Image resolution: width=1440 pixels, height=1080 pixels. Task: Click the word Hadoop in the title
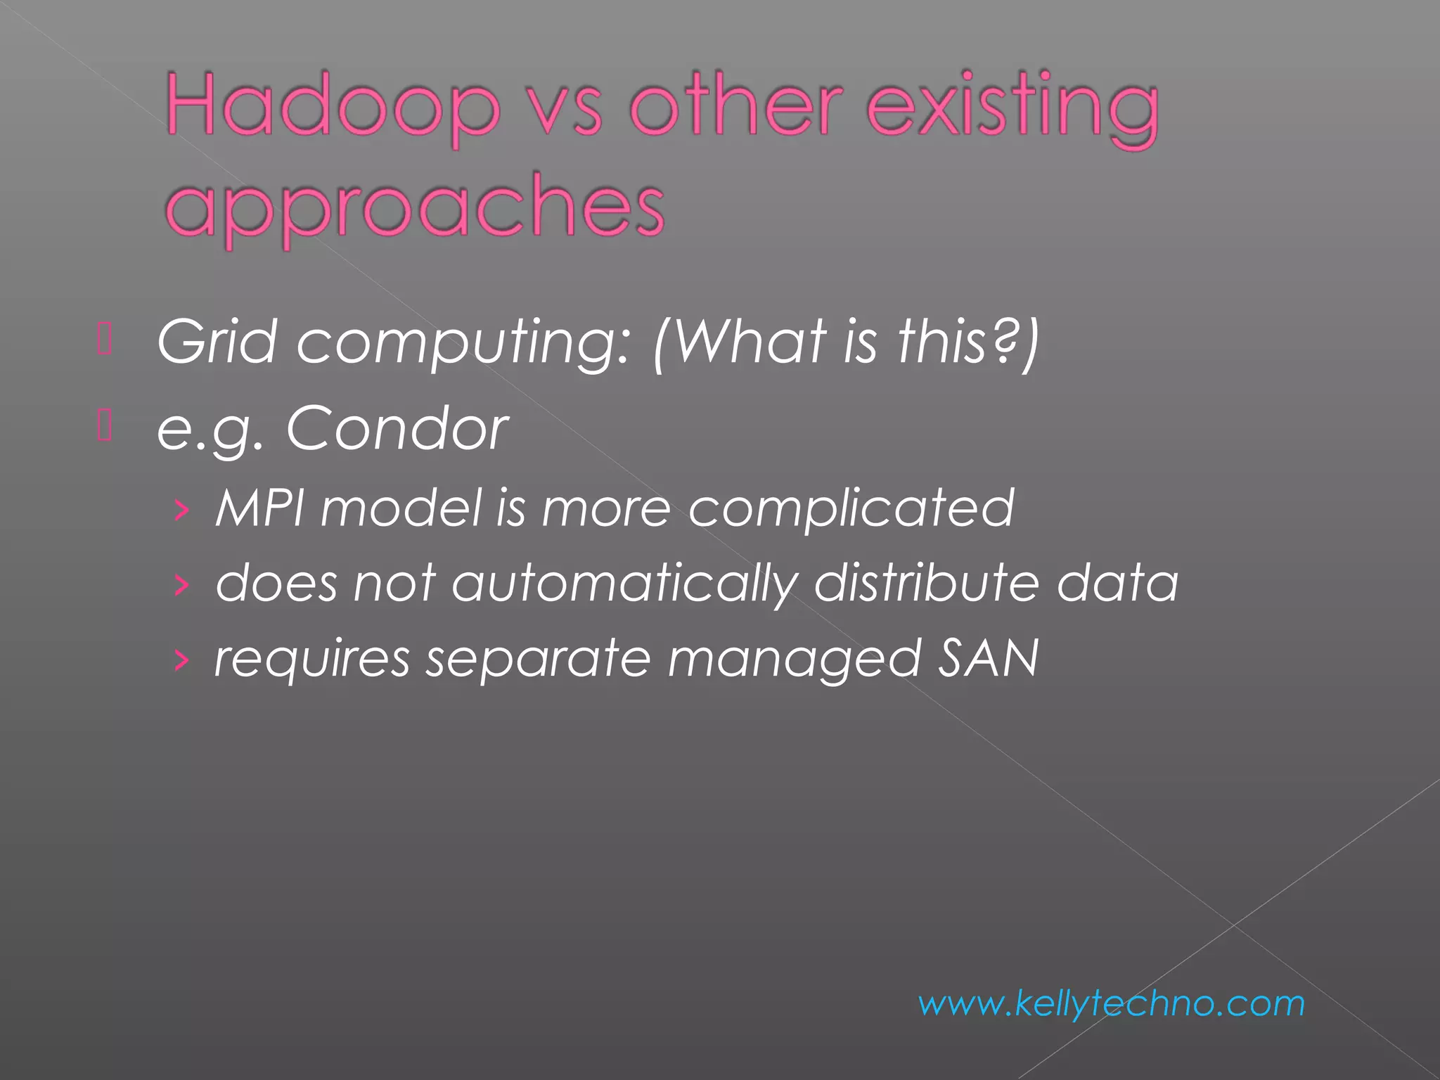pyautogui.click(x=333, y=107)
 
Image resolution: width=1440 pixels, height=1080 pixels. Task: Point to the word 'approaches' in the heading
pyautogui.click(x=415, y=207)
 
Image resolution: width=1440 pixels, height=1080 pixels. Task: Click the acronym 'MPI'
pyautogui.click(x=259, y=507)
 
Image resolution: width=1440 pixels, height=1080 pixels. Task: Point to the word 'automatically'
pyautogui.click(x=624, y=584)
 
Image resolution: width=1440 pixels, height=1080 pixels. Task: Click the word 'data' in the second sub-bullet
pyautogui.click(x=1117, y=583)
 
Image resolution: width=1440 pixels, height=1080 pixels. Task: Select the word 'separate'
pyautogui.click(x=538, y=660)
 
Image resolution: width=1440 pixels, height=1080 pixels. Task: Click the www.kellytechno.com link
pyautogui.click(x=1111, y=1003)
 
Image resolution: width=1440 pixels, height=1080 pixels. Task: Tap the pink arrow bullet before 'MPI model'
pyautogui.click(x=181, y=509)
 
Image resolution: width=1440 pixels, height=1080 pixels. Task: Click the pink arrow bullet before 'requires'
pyautogui.click(x=181, y=660)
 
